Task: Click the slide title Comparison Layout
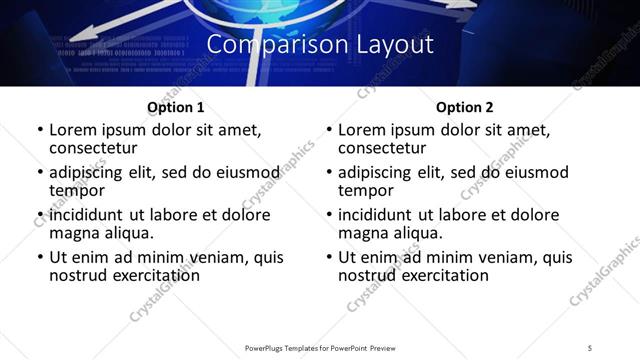click(x=320, y=45)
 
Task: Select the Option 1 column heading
click(x=176, y=106)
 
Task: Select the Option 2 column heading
click(x=464, y=106)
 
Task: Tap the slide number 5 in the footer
click(x=590, y=347)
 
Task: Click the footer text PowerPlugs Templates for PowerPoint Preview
click(x=319, y=347)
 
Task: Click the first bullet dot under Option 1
click(x=39, y=131)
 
